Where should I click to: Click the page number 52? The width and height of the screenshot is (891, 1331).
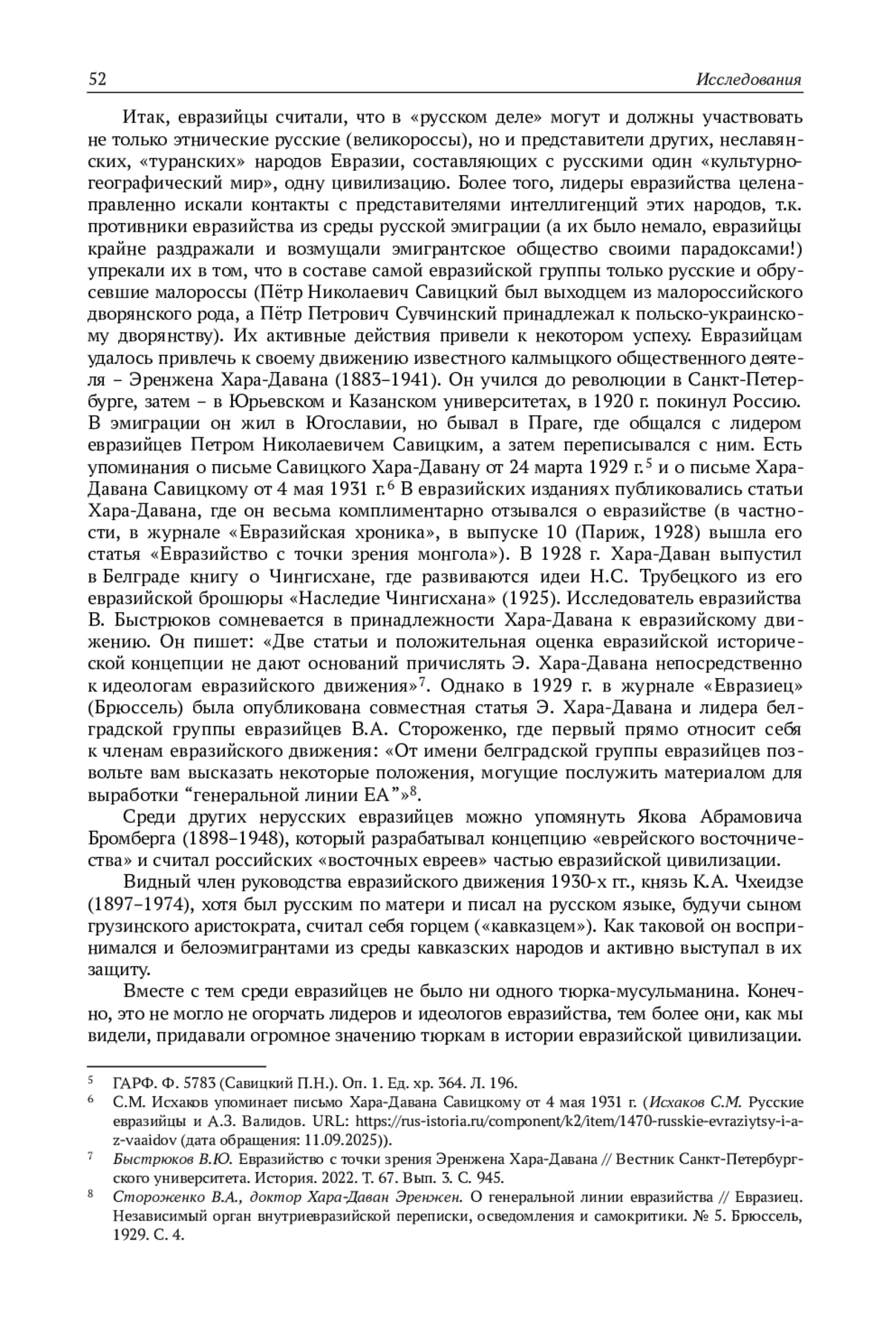pos(97,80)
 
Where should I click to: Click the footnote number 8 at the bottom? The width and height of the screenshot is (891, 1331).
pos(91,1194)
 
